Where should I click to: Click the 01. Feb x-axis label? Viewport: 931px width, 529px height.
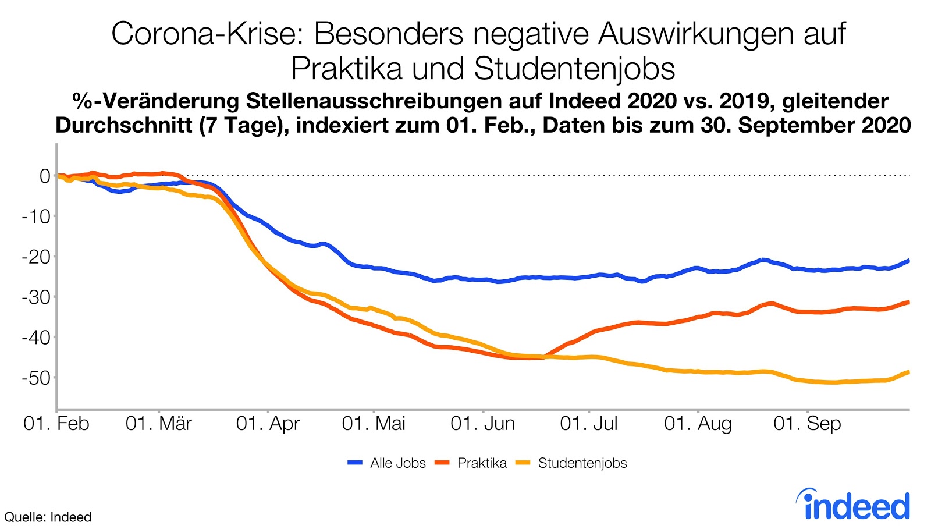[x=56, y=424]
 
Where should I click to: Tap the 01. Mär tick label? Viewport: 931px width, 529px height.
[x=159, y=424]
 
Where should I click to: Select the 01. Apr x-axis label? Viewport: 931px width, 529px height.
[x=268, y=424]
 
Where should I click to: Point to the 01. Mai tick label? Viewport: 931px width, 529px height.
[x=374, y=424]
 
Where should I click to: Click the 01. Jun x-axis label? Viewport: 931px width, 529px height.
[x=483, y=424]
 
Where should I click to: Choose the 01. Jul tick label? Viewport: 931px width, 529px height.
[x=589, y=424]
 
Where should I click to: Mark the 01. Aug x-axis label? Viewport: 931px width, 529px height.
[x=698, y=424]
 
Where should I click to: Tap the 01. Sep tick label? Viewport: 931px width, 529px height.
[x=807, y=424]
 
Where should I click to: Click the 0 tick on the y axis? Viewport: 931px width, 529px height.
[x=45, y=176]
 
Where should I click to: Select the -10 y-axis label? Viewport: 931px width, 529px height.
[x=37, y=216]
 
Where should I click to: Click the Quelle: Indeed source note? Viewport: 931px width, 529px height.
[x=48, y=517]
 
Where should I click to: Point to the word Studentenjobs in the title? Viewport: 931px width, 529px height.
[x=574, y=69]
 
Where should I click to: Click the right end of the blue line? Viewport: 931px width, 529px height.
[x=908, y=261]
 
